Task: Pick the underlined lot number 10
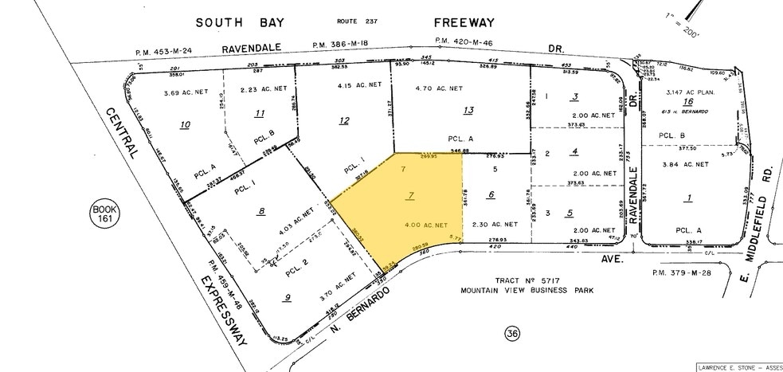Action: point(185,125)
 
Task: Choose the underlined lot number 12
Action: point(344,121)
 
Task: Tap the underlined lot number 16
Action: point(685,103)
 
